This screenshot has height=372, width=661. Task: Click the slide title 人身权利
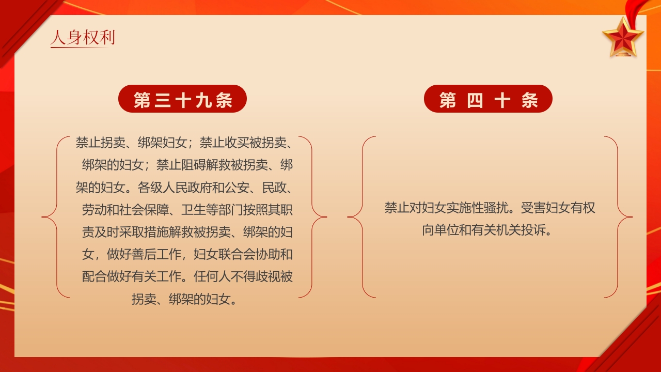(x=83, y=37)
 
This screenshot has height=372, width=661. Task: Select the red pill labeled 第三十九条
(x=183, y=99)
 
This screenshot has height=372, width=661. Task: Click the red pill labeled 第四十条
(x=488, y=99)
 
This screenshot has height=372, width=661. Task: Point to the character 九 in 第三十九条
(x=204, y=100)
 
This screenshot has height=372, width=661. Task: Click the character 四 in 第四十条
(x=475, y=100)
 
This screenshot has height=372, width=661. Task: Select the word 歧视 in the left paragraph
(x=268, y=276)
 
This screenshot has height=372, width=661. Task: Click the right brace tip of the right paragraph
(x=631, y=217)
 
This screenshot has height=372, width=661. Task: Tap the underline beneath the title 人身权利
(x=83, y=48)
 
